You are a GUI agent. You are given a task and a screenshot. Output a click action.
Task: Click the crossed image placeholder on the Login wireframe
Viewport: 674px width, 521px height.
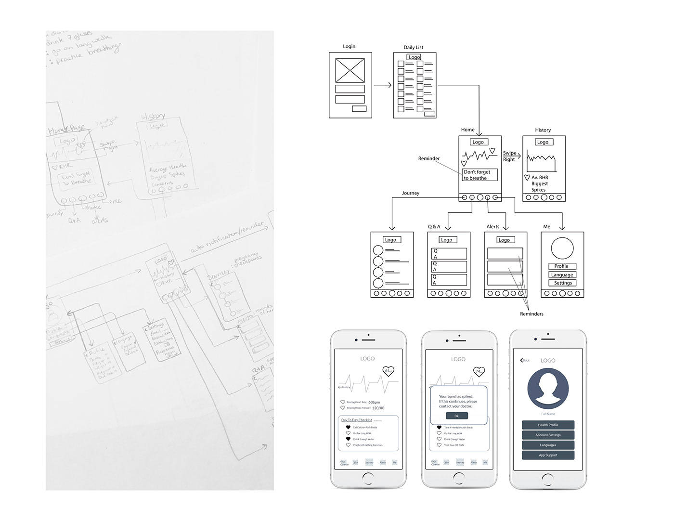pos(350,70)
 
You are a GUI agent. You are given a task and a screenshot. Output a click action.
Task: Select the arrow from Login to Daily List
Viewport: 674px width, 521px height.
pos(383,85)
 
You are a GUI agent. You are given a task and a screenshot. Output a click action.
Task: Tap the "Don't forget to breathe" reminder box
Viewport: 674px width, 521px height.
pos(479,175)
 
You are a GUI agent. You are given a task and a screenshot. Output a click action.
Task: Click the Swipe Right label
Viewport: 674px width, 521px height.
pos(509,156)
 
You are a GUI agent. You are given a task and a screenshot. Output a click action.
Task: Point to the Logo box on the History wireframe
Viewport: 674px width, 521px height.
pos(543,142)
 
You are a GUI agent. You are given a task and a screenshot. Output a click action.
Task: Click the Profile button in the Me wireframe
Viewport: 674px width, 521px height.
pos(561,266)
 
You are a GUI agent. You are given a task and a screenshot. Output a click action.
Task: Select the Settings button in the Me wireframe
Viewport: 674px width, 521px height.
pos(562,283)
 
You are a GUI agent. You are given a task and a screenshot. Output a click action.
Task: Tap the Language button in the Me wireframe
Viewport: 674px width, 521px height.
pos(562,275)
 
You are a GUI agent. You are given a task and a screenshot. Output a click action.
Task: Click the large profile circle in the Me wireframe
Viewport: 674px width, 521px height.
pos(562,248)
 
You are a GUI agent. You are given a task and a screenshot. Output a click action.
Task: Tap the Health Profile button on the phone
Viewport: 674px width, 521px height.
pos(548,425)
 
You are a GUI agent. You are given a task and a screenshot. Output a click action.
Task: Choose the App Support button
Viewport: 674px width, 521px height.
pos(548,455)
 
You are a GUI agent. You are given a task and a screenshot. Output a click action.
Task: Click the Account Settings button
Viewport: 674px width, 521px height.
pos(548,435)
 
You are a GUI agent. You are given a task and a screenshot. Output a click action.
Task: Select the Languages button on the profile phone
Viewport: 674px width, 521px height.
pos(548,445)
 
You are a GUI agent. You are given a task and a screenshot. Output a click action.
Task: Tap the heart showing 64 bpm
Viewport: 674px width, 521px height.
pos(389,371)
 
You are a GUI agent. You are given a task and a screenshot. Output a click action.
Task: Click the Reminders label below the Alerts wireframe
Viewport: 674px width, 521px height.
pos(531,314)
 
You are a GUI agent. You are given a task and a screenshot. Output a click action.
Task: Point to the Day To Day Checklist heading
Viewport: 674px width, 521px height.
pos(357,420)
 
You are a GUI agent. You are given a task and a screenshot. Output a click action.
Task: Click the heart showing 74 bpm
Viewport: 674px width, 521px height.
pos(479,371)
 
